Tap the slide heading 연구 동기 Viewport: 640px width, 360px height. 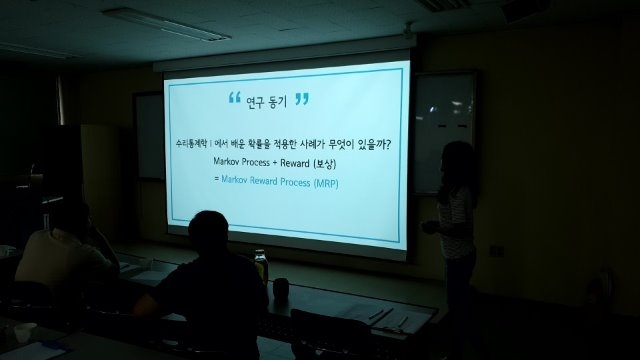tap(267, 101)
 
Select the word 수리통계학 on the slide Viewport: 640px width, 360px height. tap(187, 144)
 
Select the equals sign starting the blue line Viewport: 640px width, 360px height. tap(217, 184)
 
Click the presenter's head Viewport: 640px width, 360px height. tap(458, 163)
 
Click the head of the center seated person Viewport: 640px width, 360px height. tap(208, 233)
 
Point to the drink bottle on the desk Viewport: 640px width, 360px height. tap(261, 265)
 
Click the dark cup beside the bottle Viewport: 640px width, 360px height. tap(281, 289)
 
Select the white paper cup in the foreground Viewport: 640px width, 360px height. tap(24, 331)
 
